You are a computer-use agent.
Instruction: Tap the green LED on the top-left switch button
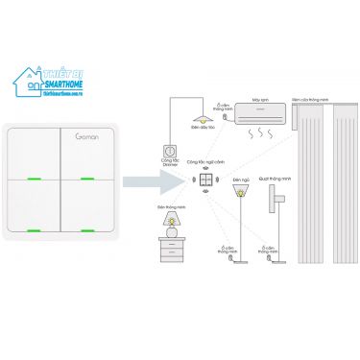pos(34,179)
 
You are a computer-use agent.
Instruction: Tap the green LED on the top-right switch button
pos(86,179)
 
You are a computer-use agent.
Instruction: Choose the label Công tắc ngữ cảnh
pos(205,163)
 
